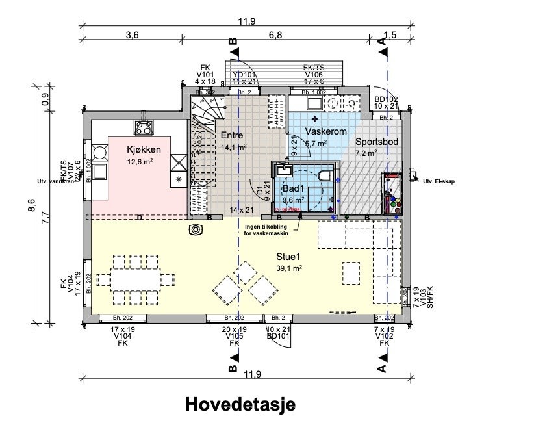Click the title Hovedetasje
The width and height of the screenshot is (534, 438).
tap(240, 404)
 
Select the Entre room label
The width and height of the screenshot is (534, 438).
tap(233, 135)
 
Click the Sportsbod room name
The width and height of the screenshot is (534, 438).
tap(375, 141)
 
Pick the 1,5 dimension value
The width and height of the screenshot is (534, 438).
tap(390, 35)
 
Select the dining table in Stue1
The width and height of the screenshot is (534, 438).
tap(136, 279)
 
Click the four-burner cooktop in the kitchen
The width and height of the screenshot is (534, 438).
tap(144, 126)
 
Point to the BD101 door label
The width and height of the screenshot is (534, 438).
tap(278, 336)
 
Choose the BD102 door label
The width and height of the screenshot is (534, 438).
tap(385, 99)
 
